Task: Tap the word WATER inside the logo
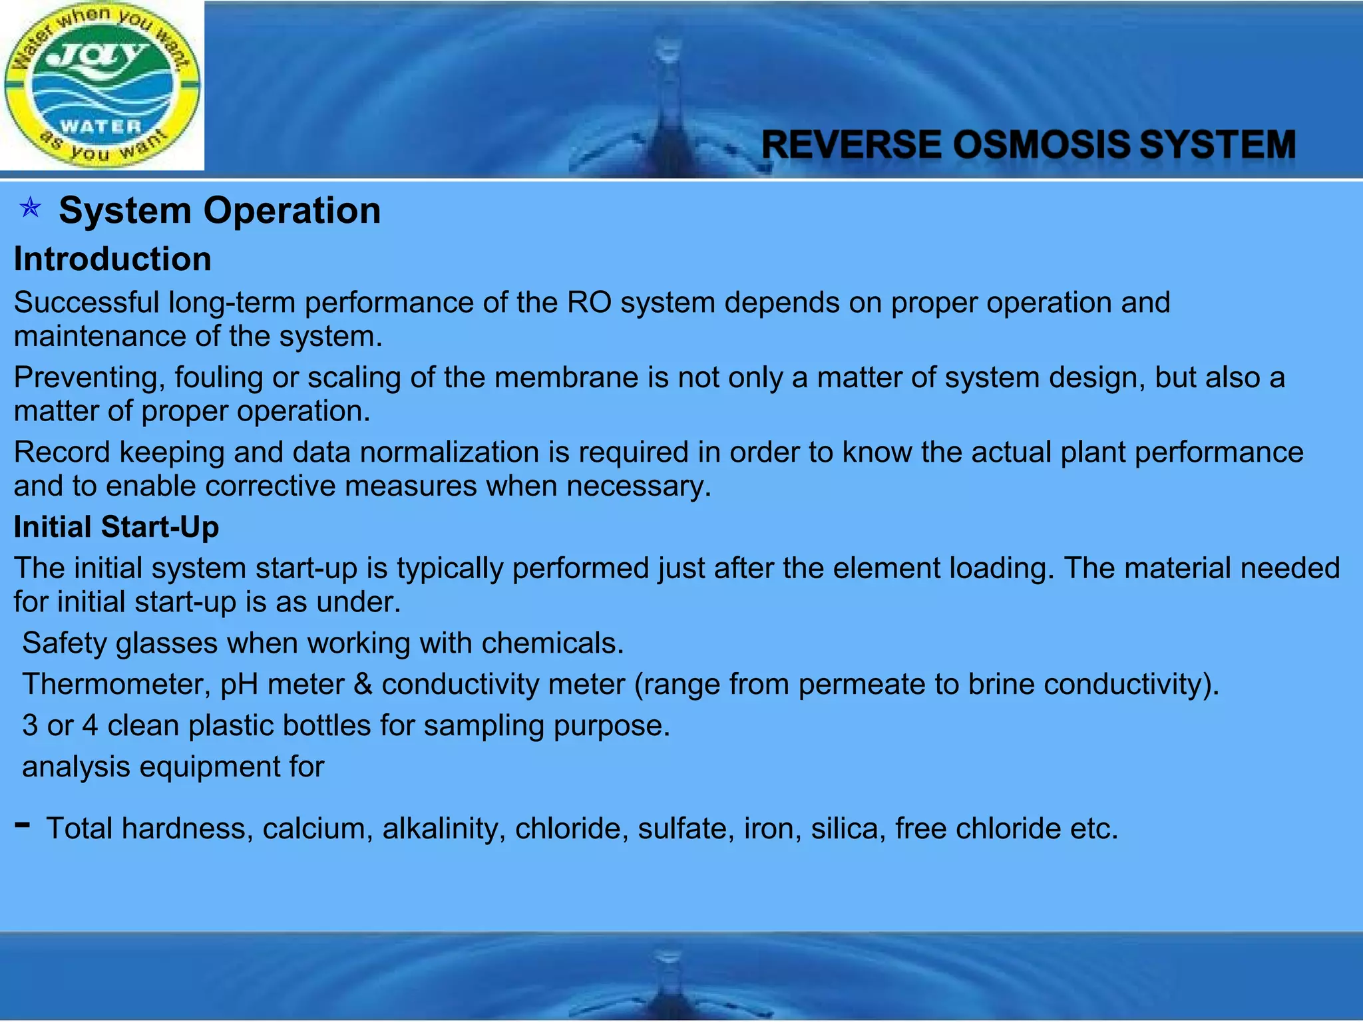100,126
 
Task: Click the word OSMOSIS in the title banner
1042,145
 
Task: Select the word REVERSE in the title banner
851,145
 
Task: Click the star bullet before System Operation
30,210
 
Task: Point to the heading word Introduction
112,259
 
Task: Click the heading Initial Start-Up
116,527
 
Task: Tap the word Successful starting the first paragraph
87,303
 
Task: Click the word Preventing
89,378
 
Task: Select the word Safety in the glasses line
64,643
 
